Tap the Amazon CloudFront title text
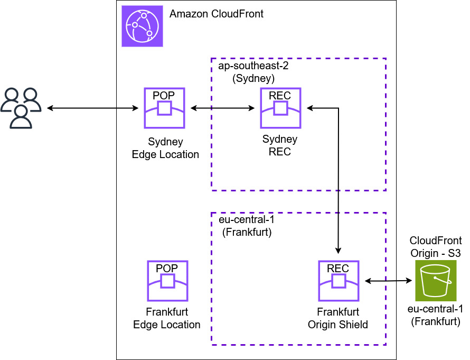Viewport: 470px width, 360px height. tap(217, 14)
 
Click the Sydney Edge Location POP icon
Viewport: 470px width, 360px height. tap(164, 108)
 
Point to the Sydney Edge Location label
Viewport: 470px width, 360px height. tap(165, 148)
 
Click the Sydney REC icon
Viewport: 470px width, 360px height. tap(280, 108)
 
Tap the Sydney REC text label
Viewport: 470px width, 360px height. tap(280, 145)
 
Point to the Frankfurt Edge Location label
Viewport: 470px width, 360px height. tap(166, 318)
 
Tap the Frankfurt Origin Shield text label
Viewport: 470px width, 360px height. tap(338, 318)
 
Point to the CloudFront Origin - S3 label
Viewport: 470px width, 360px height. tap(436, 247)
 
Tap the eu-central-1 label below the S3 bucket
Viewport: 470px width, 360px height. tap(436, 315)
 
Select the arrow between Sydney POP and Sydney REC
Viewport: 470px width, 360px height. tap(222, 108)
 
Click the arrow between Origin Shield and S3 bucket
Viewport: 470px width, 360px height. tap(388, 281)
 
